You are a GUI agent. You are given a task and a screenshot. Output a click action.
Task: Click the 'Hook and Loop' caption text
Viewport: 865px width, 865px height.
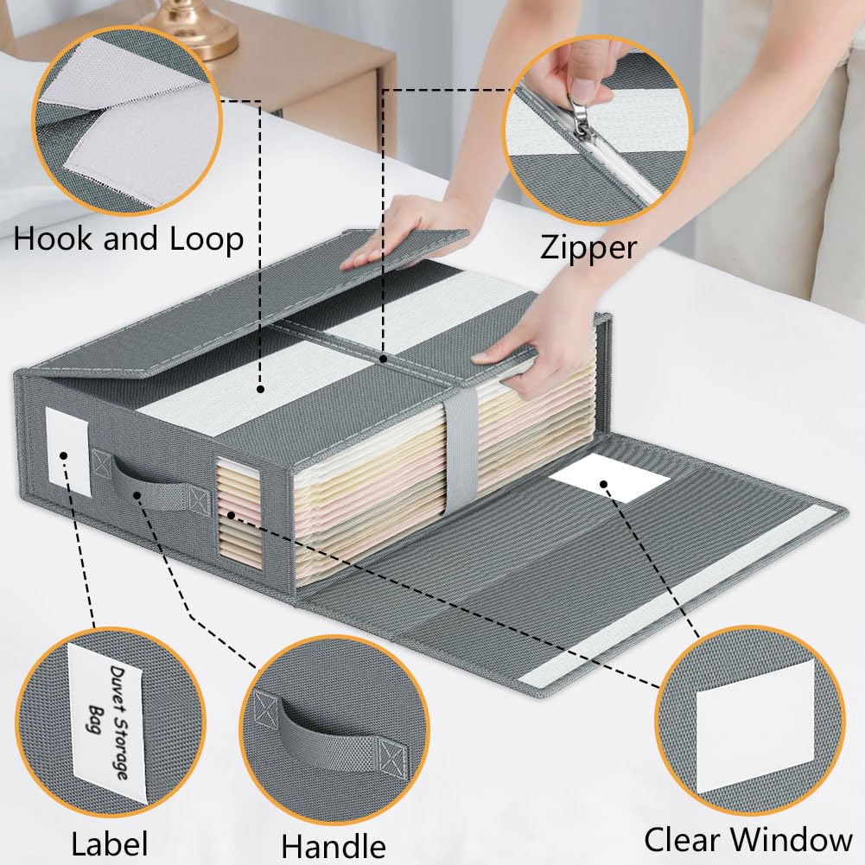[x=129, y=239]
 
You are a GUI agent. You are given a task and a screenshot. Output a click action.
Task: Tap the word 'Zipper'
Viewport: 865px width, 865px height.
[x=588, y=248]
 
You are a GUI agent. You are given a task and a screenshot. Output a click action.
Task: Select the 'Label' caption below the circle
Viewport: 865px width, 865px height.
[x=109, y=843]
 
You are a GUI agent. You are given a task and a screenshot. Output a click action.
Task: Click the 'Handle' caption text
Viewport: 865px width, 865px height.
[x=334, y=846]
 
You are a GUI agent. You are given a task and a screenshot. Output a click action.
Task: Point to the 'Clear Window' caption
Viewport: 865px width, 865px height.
[x=748, y=840]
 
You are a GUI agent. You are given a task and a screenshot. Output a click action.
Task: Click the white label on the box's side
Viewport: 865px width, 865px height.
[x=68, y=451]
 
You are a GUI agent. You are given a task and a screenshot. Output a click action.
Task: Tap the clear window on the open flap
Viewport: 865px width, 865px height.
[x=609, y=478]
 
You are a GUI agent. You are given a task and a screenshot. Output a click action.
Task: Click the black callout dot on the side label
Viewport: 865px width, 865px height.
[x=64, y=455]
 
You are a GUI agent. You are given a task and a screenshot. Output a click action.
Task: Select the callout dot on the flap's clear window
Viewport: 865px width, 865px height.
[x=604, y=485]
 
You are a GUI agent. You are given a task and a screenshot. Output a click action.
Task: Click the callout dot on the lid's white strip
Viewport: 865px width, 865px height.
[x=260, y=389]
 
